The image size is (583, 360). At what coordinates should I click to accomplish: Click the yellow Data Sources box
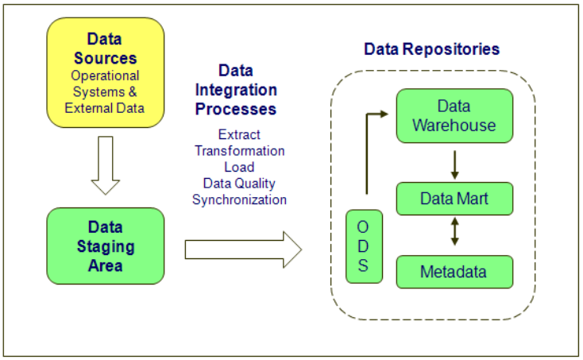click(106, 72)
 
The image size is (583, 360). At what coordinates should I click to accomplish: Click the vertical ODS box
click(364, 246)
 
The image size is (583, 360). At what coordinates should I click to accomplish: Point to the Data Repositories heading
click(431, 49)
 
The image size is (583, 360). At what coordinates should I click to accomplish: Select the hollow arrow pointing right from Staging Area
click(243, 250)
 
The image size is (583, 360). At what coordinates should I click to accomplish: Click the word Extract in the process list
click(239, 134)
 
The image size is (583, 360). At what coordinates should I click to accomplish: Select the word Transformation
click(239, 151)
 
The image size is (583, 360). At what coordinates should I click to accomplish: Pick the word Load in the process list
click(239, 167)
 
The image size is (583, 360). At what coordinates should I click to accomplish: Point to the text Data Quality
click(239, 184)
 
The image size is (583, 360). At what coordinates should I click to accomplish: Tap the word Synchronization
click(239, 199)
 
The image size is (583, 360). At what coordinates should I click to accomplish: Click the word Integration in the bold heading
click(236, 91)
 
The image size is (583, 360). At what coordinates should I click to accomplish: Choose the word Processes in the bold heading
click(236, 109)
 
